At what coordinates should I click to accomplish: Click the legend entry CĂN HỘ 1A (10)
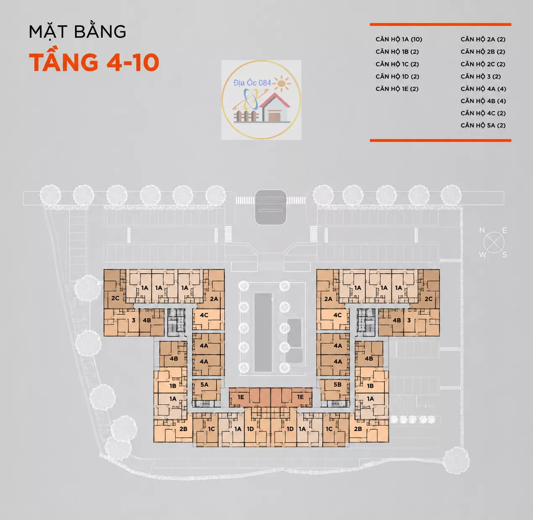click(x=399, y=39)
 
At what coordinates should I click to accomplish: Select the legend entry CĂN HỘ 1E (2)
click(x=397, y=89)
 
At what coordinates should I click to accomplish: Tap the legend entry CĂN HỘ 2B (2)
click(x=483, y=52)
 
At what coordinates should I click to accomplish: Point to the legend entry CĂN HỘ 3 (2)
click(x=481, y=76)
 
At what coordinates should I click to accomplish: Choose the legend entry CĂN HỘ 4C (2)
click(x=483, y=113)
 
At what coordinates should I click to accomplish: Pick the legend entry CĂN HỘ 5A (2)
click(x=483, y=125)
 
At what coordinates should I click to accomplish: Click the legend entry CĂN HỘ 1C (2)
click(x=397, y=64)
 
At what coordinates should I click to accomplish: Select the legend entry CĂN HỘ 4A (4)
click(x=483, y=89)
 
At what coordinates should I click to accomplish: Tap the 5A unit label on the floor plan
click(x=204, y=385)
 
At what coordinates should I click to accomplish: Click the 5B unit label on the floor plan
click(x=337, y=385)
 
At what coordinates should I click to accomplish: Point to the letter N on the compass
click(x=482, y=231)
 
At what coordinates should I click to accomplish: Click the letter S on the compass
click(x=504, y=255)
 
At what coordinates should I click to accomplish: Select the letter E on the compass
click(x=504, y=230)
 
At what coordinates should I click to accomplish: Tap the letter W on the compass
click(x=483, y=255)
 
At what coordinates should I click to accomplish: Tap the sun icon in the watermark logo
click(x=282, y=83)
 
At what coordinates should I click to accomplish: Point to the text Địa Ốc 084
click(x=252, y=83)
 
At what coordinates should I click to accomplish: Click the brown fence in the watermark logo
click(x=246, y=116)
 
